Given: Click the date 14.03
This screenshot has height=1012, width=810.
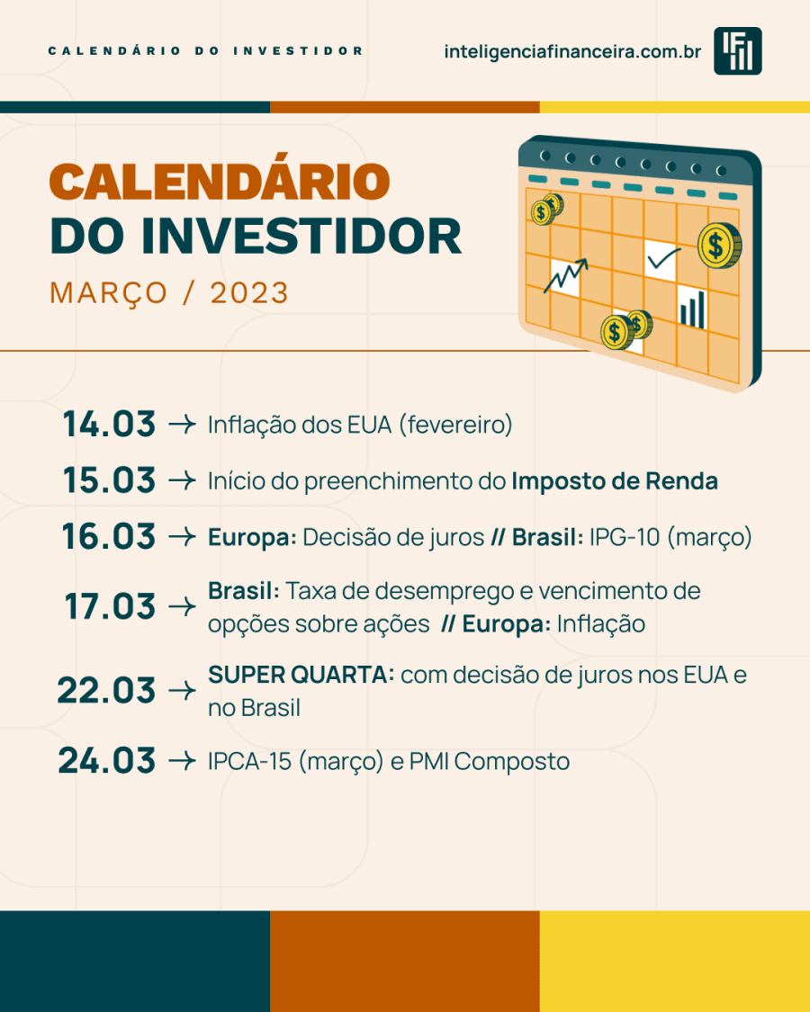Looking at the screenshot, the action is pos(109,424).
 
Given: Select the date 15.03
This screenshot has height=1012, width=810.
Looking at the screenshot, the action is pos(109,480).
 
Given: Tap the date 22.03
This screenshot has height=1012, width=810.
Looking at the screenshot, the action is pos(106,690).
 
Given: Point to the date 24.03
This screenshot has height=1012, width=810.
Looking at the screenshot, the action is pos(106,760).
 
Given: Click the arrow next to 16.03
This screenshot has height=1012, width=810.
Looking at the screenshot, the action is pos(182,537).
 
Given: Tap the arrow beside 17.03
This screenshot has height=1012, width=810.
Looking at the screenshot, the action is pos(182,606).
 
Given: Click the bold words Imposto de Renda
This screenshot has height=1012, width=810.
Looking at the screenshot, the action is pos(615,481).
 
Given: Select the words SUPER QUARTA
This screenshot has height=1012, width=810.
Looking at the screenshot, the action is pos(301,675).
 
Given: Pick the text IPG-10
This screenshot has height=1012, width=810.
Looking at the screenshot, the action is pos(624,537).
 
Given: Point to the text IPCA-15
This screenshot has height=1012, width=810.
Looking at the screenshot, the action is pos(250,762).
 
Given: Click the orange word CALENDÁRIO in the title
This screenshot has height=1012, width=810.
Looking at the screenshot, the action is pos(220,180).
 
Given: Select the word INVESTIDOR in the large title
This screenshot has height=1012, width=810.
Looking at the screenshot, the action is pos(301,236).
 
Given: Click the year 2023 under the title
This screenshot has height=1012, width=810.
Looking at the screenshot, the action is pos(249,293).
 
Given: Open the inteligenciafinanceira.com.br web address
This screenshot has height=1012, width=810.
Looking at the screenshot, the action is pos(572,51).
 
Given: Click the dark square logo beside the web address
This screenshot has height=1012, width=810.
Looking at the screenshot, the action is pos(738,51).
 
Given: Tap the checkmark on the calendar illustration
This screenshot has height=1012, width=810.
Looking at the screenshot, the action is pos(663,258).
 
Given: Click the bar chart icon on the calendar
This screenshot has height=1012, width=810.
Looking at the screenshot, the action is pos(693,309).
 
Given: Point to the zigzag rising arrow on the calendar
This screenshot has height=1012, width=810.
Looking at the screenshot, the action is pos(566,275).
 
